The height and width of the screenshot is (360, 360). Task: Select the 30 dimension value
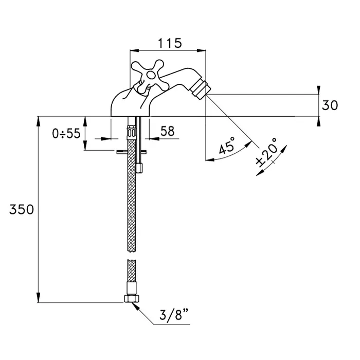pos(330,105)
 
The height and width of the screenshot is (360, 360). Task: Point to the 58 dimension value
pos(167,131)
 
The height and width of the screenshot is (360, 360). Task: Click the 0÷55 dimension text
pos(66,133)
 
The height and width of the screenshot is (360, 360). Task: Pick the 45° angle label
pos(227,147)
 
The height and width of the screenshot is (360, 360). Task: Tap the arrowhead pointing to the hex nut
pos(135,305)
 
